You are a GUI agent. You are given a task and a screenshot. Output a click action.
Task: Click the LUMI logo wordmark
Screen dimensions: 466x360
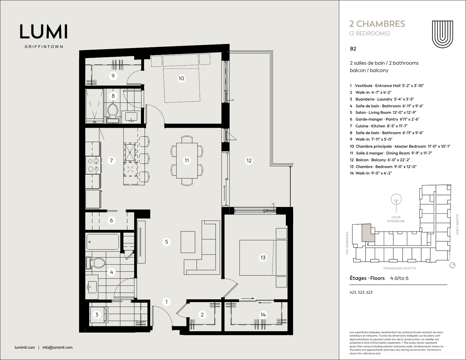[44, 32]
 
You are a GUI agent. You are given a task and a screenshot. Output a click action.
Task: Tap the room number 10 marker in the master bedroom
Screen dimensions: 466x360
[181, 78]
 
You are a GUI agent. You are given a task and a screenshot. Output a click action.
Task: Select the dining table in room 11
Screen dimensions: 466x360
[187, 161]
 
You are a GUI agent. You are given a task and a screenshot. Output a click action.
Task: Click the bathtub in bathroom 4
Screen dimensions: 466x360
[103, 242]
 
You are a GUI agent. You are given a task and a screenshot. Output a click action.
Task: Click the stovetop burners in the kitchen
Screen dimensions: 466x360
[93, 165]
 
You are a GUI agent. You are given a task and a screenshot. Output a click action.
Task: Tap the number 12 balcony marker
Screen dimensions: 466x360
[249, 160]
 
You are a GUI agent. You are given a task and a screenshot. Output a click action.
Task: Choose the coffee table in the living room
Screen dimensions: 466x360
[188, 242]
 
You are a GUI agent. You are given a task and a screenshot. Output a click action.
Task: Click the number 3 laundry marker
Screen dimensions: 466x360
[97, 315]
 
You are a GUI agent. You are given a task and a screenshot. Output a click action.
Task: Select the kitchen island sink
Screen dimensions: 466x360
[130, 152]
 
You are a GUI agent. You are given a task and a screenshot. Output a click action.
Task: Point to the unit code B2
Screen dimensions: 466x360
[353, 49]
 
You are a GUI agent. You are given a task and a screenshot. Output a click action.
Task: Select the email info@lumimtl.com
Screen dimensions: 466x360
[58, 347]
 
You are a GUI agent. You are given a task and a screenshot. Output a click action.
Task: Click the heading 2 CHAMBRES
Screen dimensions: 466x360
[377, 24]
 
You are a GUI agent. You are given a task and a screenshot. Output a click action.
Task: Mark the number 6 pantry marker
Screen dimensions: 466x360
[111, 220]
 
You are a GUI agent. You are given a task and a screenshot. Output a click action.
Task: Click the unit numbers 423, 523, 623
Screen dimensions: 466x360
[361, 292]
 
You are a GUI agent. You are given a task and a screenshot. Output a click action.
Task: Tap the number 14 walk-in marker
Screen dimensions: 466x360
[263, 315]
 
